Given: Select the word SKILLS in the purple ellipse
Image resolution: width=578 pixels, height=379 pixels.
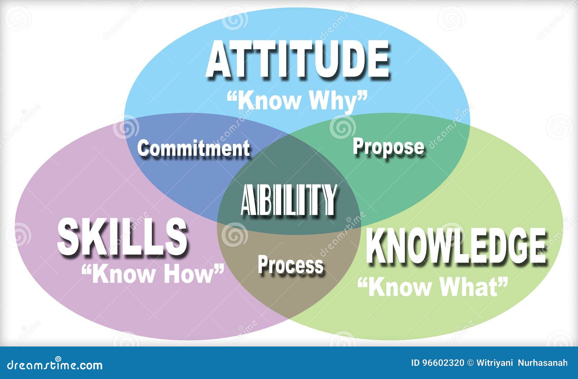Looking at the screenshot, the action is click(122, 236).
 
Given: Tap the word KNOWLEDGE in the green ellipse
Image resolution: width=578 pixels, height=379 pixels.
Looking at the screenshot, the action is click(456, 246).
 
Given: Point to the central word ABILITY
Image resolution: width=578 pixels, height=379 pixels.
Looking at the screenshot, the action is click(289, 200).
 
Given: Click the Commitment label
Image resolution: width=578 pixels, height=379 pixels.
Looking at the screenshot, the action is click(194, 148).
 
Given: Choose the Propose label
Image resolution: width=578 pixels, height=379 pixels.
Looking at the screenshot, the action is click(389, 147).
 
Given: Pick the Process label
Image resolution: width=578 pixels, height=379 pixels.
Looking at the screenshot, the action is click(290, 264).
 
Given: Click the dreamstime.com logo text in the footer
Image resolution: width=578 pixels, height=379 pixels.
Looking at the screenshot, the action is click(55, 365).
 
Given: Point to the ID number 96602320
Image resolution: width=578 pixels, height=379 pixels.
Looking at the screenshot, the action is click(443, 363).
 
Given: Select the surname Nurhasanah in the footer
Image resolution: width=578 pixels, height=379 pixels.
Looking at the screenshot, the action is click(543, 363).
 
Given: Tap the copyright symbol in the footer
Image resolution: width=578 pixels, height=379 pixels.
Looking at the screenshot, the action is click(470, 363).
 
